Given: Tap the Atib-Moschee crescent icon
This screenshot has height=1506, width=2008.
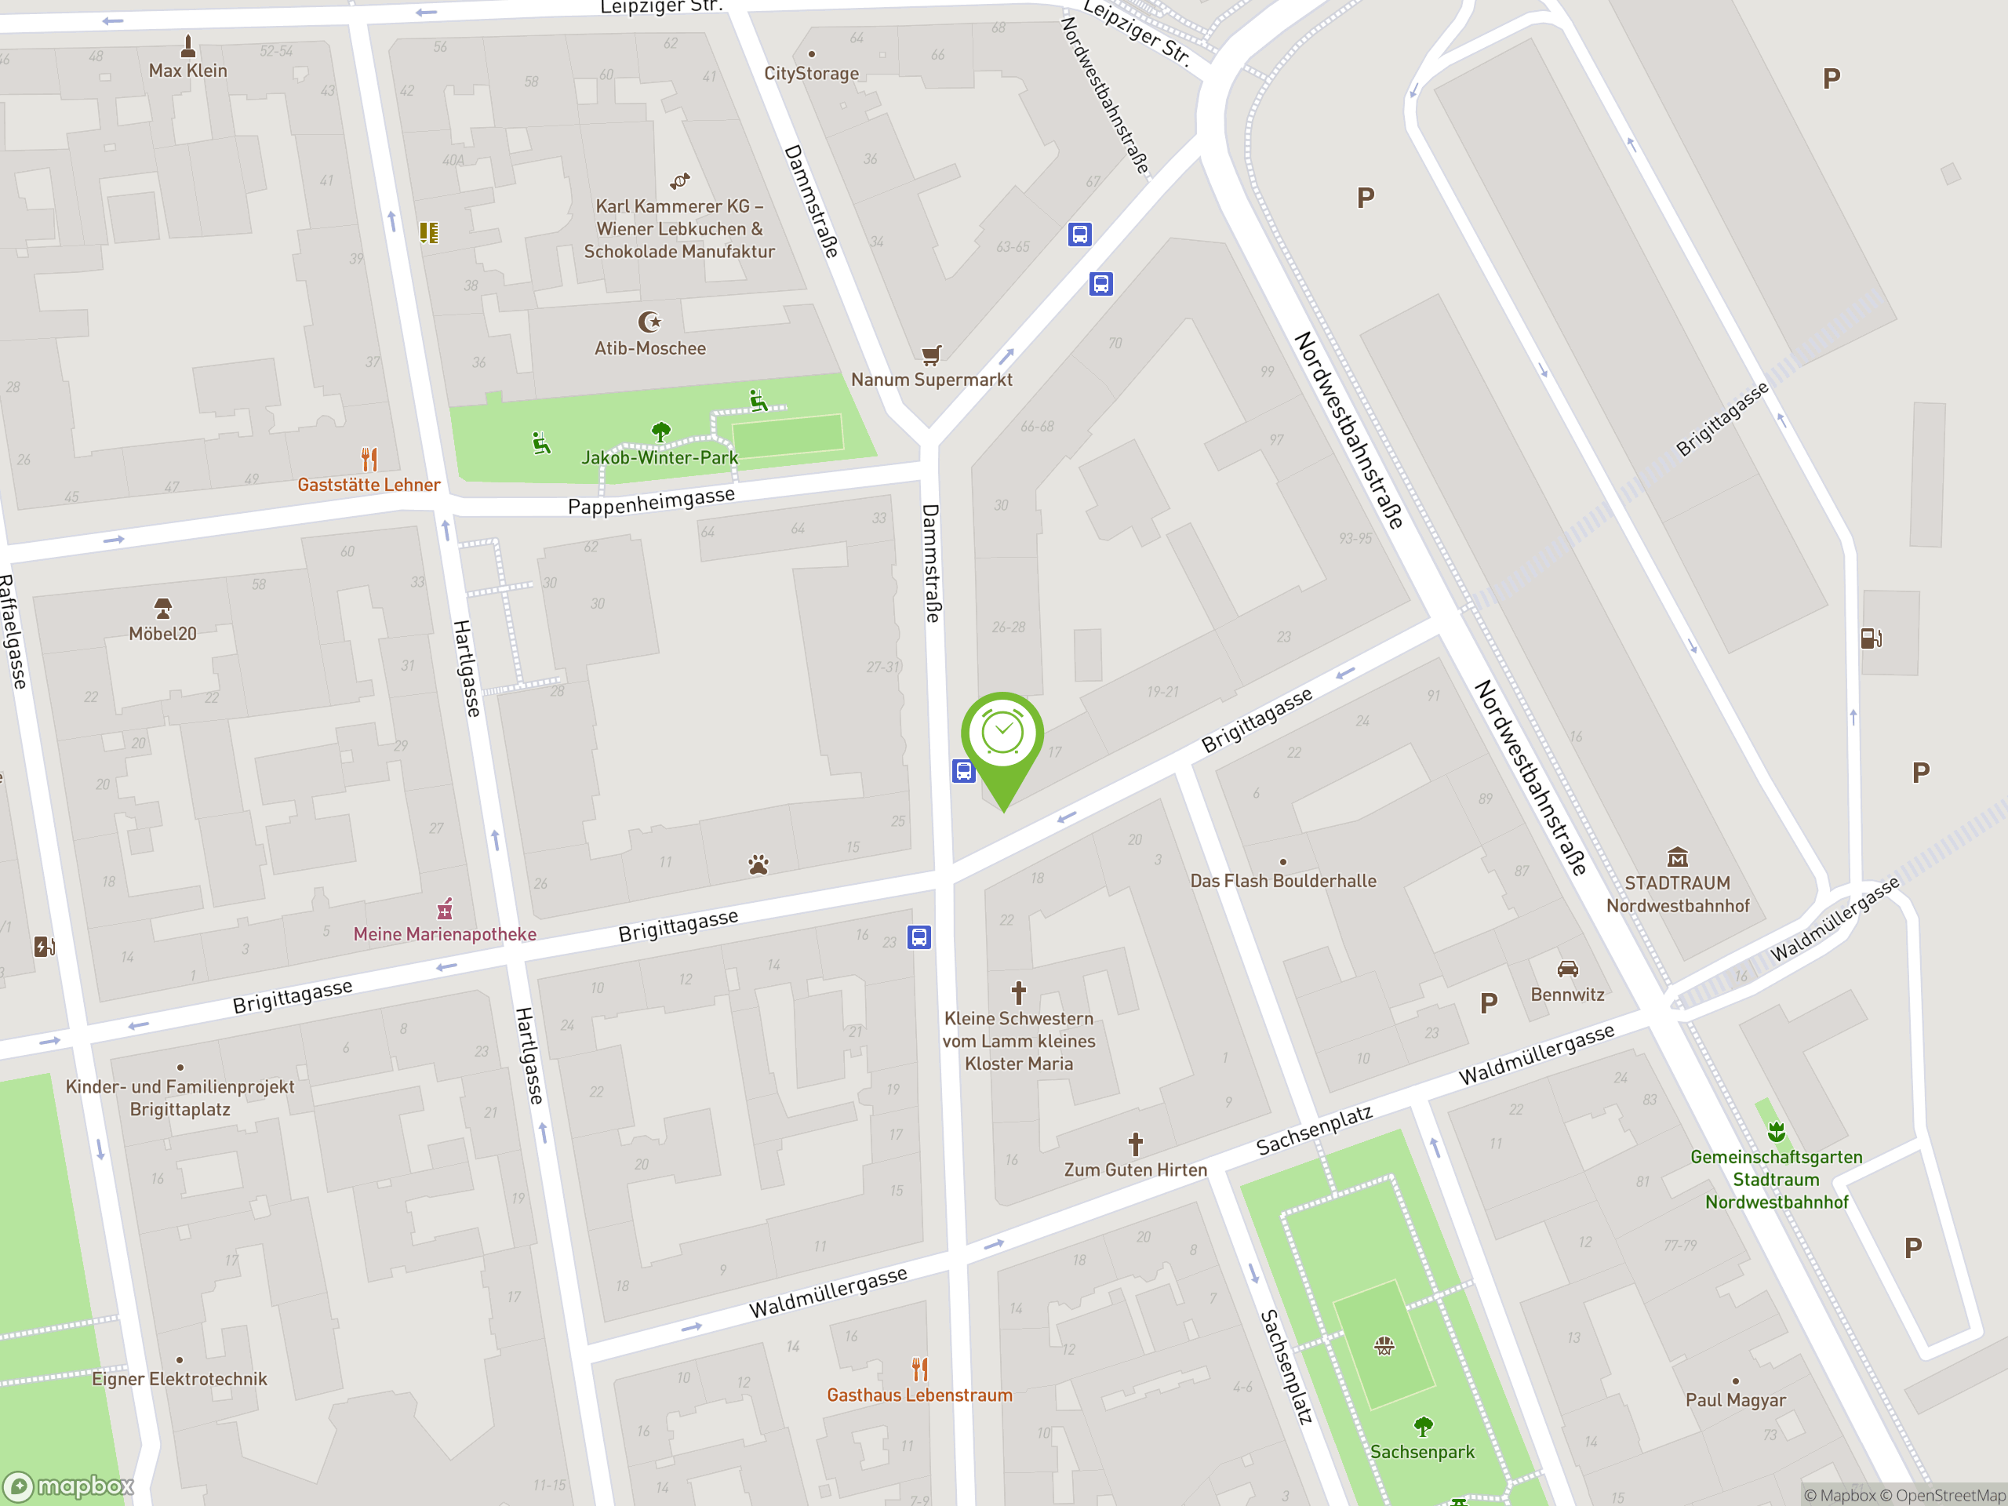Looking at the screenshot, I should coord(649,322).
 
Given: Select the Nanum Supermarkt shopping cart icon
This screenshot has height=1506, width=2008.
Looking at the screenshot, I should coord(931,354).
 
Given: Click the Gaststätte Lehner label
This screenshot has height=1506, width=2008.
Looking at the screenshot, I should coord(369,485).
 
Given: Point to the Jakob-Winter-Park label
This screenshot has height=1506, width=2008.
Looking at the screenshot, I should coord(659,457).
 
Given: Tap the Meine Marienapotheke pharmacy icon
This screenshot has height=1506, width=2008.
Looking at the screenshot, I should coord(445,908).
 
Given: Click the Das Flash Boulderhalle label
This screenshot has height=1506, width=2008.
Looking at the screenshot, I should coord(1282,881).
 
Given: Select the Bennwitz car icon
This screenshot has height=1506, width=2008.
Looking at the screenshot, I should coord(1568,969).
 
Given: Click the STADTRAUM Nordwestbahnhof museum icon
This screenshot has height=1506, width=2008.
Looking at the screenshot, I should coord(1678,857).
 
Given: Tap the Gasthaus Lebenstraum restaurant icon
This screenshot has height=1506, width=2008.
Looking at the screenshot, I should coord(919,1368).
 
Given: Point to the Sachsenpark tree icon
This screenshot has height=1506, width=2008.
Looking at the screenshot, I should coord(1423,1427).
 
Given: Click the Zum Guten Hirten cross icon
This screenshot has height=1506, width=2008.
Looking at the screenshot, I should coord(1136,1144).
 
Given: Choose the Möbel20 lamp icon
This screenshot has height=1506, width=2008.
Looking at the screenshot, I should coord(162,607).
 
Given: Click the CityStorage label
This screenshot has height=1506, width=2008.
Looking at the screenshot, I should coord(812,74).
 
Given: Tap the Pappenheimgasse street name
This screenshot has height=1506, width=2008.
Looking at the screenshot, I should coord(651,501).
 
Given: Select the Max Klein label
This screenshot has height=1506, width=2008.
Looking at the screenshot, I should coord(188,71).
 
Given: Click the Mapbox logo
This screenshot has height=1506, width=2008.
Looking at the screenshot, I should coord(69,1486).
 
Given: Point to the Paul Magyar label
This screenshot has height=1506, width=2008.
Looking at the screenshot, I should coord(1736,1400).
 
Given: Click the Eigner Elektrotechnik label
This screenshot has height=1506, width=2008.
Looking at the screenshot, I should coord(180,1379).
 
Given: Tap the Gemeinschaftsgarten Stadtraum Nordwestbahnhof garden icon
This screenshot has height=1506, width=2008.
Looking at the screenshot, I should coord(1777,1131).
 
